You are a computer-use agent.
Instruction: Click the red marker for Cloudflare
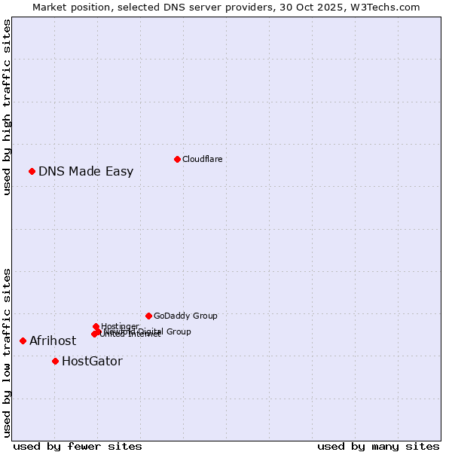coord(177,159)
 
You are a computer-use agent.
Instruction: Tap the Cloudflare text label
coord(202,159)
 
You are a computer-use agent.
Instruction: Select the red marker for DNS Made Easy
coord(32,171)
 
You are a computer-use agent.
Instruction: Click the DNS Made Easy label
coord(86,171)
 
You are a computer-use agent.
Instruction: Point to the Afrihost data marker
coord(23,341)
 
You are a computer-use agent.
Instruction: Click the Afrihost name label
coord(53,341)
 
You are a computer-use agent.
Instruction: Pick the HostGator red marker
coord(55,361)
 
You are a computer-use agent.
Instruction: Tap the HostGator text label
coord(92,361)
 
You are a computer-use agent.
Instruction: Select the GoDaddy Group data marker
coord(148,316)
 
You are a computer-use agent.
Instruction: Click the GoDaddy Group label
coord(185,316)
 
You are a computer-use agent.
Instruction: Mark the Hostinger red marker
coord(96,326)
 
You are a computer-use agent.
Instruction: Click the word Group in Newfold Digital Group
coord(179,331)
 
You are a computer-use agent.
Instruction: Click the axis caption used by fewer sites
coord(78,446)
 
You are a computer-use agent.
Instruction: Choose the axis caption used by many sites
coord(378,446)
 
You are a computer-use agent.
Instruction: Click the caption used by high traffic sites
coord(7,108)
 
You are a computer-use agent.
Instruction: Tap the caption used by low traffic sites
coord(7,352)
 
